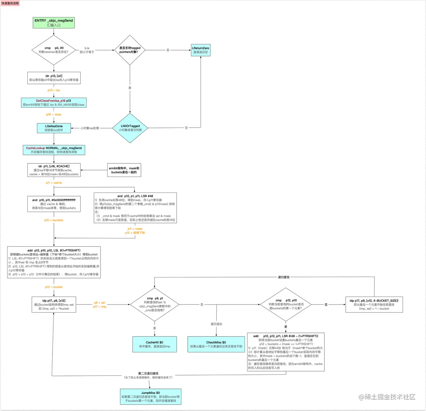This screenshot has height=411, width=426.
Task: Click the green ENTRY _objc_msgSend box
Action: [54, 23]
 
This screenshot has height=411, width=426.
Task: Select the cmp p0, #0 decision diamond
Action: [54, 50]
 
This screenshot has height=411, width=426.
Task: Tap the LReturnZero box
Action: [201, 50]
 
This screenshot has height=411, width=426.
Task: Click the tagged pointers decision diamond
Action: [130, 50]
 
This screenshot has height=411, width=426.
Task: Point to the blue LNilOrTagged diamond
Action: [130, 128]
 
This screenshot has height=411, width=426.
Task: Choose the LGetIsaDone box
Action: [54, 128]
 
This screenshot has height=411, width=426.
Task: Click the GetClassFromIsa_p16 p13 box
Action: [54, 103]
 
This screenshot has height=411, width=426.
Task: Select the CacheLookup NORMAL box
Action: [54, 150]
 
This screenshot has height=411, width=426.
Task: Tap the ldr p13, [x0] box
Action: [54, 78]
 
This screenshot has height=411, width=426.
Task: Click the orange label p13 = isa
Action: [54, 90]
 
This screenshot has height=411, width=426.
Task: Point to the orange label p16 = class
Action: [54, 114]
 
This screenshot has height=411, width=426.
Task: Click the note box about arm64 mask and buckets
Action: [124, 170]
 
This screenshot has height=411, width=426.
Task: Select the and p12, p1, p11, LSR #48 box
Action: [135, 208]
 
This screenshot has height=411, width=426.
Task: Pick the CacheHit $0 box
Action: [154, 344]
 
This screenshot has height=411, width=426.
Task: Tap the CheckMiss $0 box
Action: [216, 344]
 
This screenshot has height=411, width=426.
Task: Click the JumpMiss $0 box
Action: [151, 396]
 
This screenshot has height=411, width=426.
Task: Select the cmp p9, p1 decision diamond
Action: [154, 304]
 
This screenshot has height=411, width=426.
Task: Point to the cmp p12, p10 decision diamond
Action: [286, 304]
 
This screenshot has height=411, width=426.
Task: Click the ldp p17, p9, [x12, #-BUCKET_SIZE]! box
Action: [374, 304]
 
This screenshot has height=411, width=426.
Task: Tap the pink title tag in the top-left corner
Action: [10, 3]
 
